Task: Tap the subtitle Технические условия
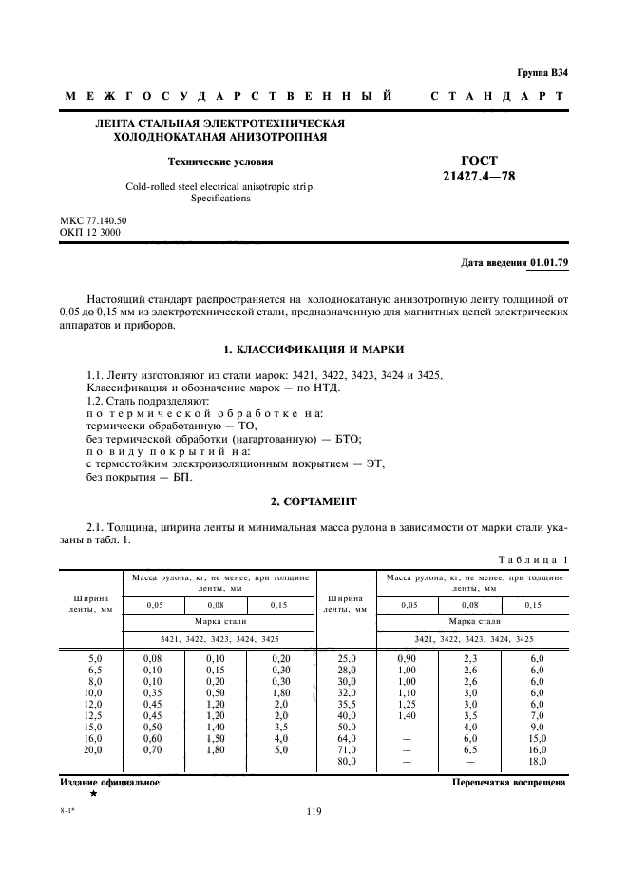[220, 161]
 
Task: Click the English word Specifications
[220, 199]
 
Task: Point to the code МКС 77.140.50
[93, 220]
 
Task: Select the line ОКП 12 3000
[90, 232]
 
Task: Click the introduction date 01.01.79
[549, 261]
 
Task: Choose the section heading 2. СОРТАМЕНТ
[314, 500]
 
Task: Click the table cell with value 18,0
[537, 761]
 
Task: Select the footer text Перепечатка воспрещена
[509, 783]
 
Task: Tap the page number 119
[314, 811]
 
